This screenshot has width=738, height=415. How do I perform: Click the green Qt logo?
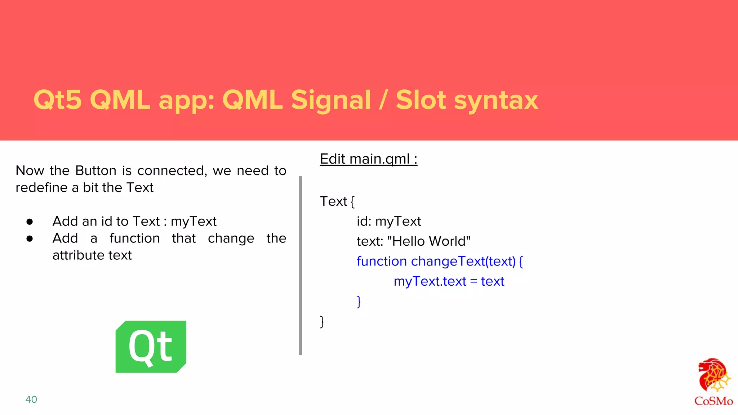[151, 347]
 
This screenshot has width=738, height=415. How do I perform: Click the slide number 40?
[31, 400]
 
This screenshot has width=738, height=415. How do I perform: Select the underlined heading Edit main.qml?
[368, 159]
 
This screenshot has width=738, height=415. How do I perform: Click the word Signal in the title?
[331, 100]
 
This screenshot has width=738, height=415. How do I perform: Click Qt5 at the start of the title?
[58, 100]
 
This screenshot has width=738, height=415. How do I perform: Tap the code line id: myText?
[388, 221]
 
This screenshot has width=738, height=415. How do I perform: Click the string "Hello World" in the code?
[429, 241]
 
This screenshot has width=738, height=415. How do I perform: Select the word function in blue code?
[382, 261]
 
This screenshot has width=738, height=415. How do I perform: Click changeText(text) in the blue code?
[463, 261]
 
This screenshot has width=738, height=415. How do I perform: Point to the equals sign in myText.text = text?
[474, 281]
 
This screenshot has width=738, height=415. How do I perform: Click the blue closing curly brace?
[359, 302]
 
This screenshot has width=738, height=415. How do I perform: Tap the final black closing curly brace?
[322, 321]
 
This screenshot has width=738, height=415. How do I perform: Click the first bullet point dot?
[30, 222]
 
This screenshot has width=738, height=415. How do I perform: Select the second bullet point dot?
[30, 238]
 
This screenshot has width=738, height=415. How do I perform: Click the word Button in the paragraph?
[96, 170]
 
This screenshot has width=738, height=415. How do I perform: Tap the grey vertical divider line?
[300, 265]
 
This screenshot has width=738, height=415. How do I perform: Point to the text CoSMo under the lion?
[713, 401]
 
